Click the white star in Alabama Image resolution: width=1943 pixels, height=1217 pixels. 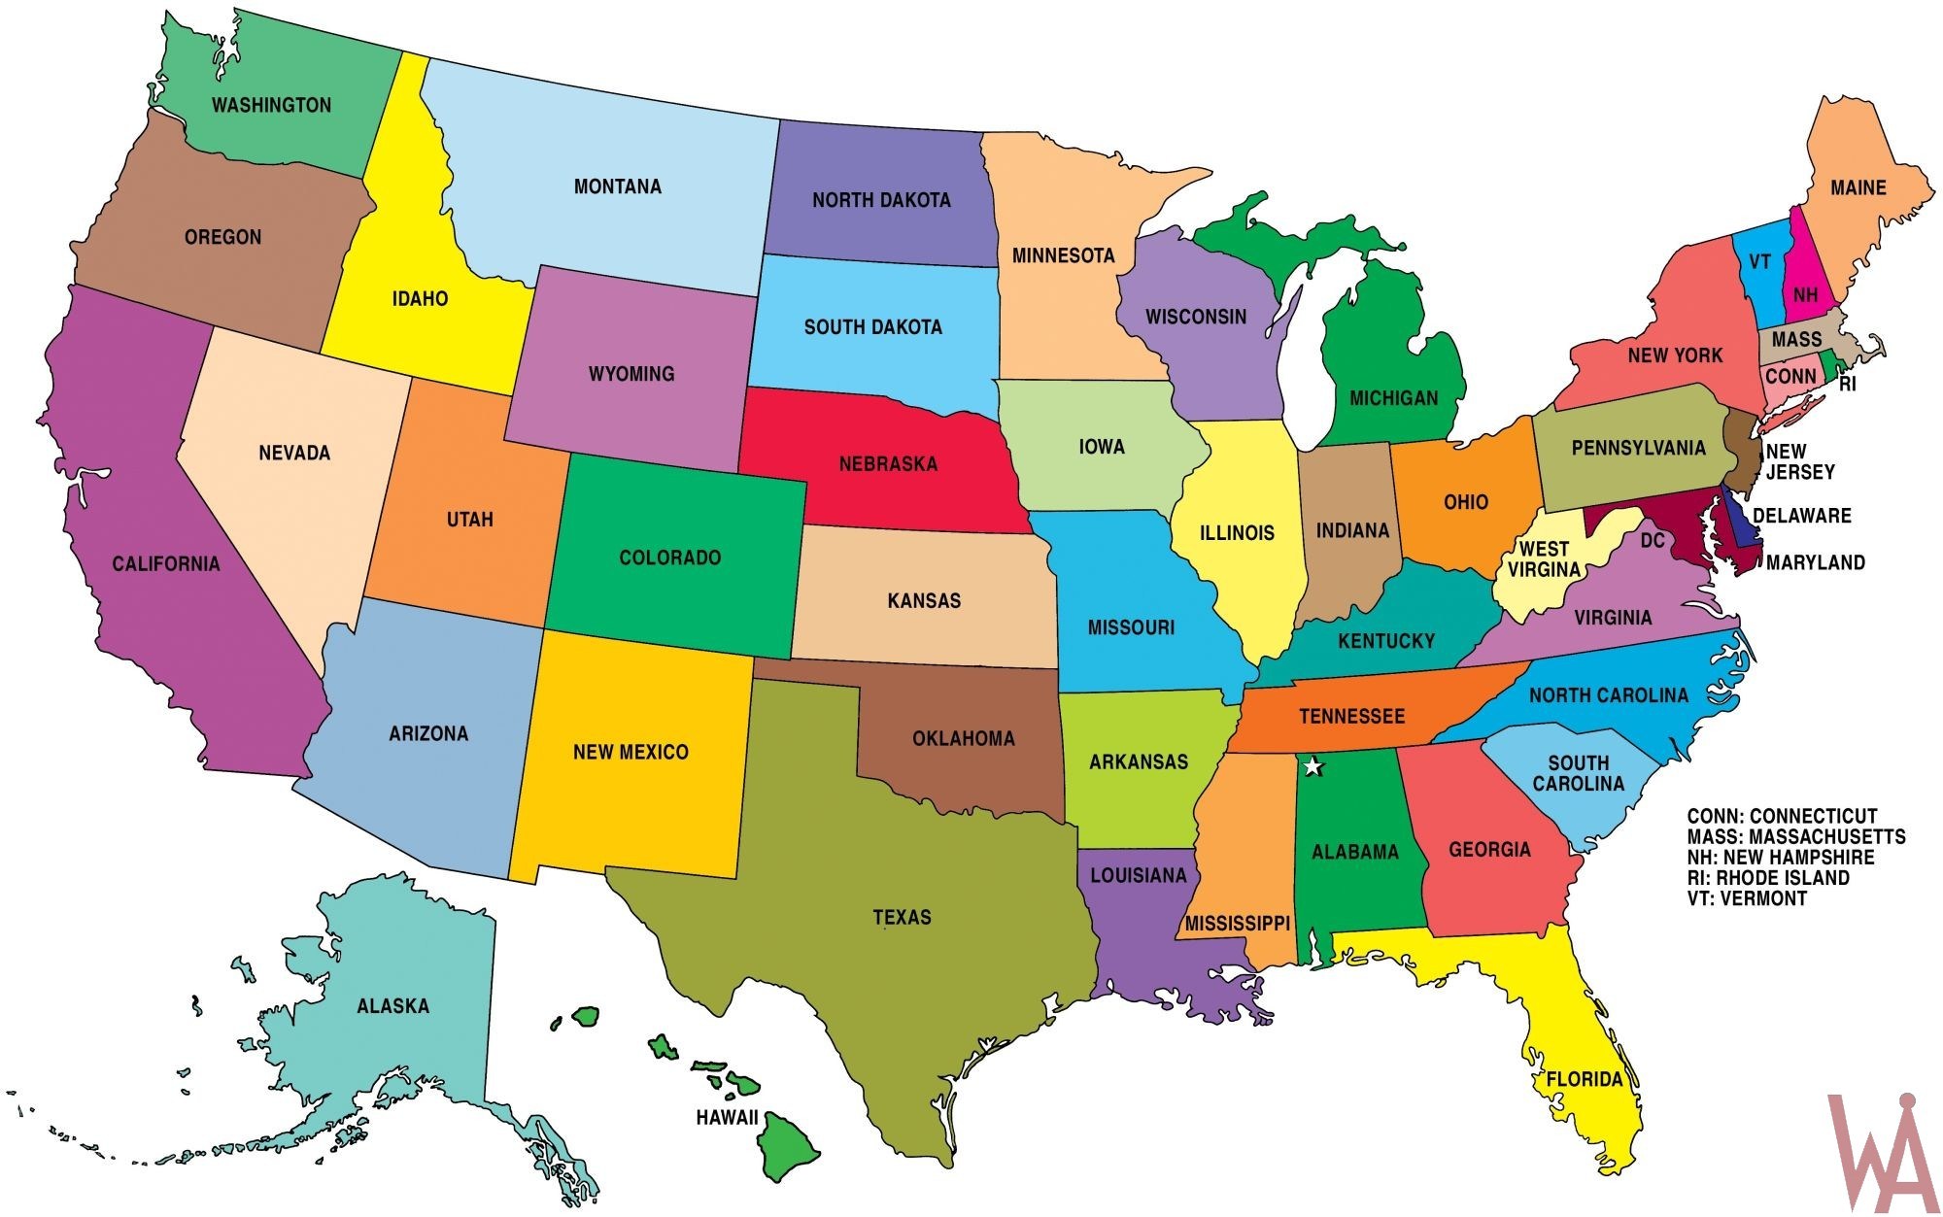tap(1312, 766)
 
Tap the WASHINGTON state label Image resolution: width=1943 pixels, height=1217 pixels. tap(271, 105)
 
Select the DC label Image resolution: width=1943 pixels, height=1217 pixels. tap(1653, 540)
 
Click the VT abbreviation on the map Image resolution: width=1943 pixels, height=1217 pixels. tap(1759, 262)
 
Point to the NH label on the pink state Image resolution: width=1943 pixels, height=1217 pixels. tap(1805, 294)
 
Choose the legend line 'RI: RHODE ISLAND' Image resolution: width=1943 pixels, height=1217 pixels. tap(1768, 878)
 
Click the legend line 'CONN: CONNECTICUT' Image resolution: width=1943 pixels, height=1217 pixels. tap(1782, 816)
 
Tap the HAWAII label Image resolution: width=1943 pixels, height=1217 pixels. tap(727, 1118)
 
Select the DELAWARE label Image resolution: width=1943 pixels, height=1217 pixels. tap(1801, 516)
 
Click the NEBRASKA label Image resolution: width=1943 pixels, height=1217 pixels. tap(888, 464)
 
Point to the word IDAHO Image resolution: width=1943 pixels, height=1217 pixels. tap(420, 299)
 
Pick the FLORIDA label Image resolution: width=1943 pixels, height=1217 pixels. tap(1585, 1079)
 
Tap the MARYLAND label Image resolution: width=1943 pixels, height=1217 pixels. tap(1815, 562)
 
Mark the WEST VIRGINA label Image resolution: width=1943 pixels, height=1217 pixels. tap(1543, 559)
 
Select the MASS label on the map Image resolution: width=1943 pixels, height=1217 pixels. tap(1796, 340)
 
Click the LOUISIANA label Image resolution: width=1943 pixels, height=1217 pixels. tap(1138, 875)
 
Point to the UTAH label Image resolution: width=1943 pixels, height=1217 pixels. tap(469, 520)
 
